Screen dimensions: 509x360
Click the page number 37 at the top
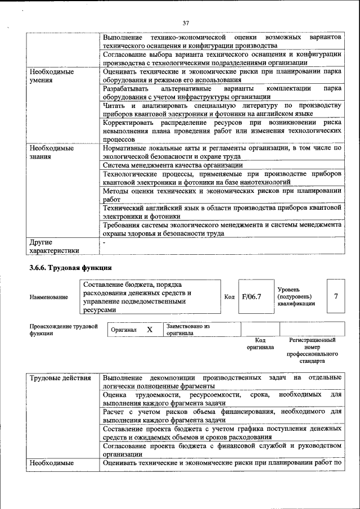pos(186,23)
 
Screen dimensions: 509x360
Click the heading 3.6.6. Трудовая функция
pos(71,267)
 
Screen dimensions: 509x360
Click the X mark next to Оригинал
pos(150,330)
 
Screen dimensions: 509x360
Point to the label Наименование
pos(49,297)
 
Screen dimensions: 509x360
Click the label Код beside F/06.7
pos(229,297)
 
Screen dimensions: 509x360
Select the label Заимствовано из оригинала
pos(188,330)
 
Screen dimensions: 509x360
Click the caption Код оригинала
pos(260,344)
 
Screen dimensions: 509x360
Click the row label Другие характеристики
pos(55,246)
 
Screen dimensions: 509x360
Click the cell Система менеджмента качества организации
pos(173,165)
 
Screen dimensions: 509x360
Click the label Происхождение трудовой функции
pos(63,330)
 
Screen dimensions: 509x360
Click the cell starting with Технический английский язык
pos(222,212)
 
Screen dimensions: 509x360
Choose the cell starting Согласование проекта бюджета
pos(222,449)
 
